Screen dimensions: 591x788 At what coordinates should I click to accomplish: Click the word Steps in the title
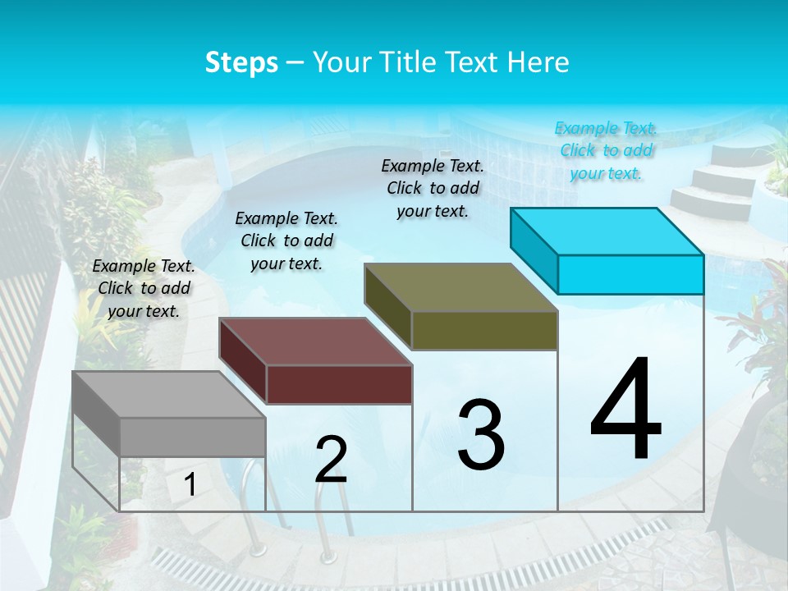(241, 62)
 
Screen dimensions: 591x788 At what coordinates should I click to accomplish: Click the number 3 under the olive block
(481, 435)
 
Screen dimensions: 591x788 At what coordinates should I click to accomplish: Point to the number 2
(331, 460)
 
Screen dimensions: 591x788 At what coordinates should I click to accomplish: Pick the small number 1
(190, 485)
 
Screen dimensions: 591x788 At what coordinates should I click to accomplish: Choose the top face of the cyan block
(607, 231)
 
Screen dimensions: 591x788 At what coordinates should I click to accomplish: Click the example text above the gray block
(144, 288)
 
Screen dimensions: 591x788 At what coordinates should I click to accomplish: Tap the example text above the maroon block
(286, 241)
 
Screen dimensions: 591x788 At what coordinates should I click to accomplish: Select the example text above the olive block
(433, 188)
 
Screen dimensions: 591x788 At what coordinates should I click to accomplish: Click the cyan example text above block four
(606, 150)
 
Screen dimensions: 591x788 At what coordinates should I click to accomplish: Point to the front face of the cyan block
(630, 274)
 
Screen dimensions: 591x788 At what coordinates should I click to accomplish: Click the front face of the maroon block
(339, 384)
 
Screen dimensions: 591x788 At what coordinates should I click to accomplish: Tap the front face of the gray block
(193, 437)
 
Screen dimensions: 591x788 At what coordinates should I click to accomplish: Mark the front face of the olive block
(484, 330)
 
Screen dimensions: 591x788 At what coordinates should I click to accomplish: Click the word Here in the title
(538, 62)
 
